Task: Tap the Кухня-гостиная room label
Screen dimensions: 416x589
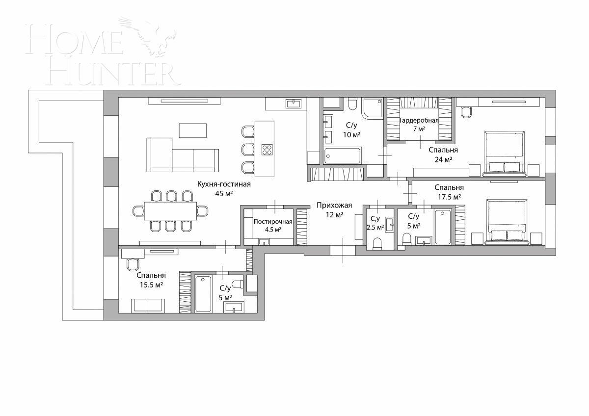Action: [x=224, y=184]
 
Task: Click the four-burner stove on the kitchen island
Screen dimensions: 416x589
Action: [x=267, y=150]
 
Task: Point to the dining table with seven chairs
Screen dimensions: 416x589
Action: [x=170, y=211]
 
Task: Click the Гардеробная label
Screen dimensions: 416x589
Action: [x=419, y=120]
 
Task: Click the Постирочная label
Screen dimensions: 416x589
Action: [x=273, y=221]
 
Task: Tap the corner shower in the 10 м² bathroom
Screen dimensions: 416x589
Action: [x=373, y=108]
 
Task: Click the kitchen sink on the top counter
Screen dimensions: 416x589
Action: [x=293, y=103]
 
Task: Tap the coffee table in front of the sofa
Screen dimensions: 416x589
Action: [x=192, y=130]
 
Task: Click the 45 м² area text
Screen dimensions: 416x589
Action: [x=224, y=193]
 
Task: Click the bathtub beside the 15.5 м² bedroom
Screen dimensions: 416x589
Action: [x=203, y=293]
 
